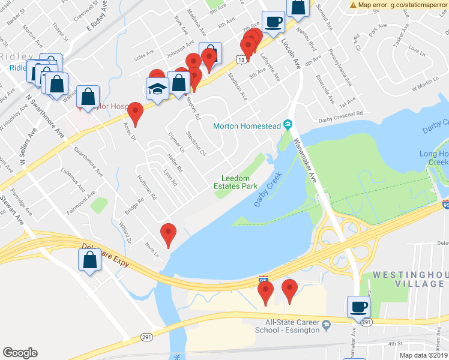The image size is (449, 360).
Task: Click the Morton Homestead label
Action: point(247,125)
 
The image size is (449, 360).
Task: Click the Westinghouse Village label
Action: point(411,278)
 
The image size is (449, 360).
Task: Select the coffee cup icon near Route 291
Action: point(359,307)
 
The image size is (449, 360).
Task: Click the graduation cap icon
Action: point(157,90)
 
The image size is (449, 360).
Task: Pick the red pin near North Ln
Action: point(169,234)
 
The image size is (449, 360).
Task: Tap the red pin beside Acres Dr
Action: point(135,113)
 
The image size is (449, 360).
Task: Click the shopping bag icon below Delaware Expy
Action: point(89,260)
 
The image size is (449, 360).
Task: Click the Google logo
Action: point(20,352)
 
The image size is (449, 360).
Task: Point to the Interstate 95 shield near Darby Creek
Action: point(262,280)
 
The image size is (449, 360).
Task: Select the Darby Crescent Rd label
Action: point(342,113)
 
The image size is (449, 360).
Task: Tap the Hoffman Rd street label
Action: point(146,188)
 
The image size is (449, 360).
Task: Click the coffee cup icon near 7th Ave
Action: point(273,22)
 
